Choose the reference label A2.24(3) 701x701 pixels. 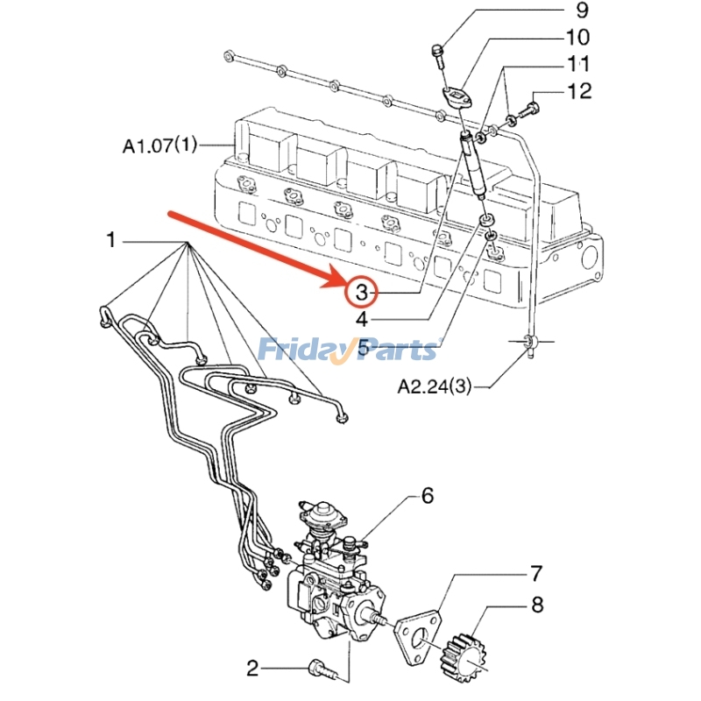[435, 385]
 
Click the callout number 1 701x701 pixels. [111, 239]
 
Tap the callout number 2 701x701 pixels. [253, 669]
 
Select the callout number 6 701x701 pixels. [427, 497]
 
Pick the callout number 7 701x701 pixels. [535, 574]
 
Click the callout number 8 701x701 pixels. [536, 605]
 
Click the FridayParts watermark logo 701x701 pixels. [349, 350]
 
